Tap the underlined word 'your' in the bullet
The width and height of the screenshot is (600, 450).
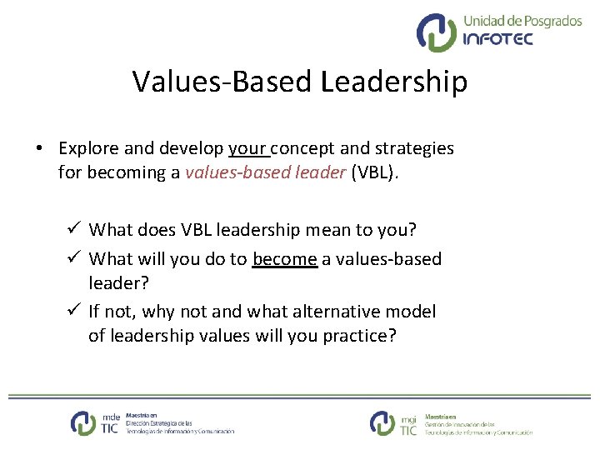[x=247, y=148]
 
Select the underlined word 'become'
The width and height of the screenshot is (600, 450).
[x=285, y=259]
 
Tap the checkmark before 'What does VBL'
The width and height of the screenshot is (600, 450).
[x=74, y=228]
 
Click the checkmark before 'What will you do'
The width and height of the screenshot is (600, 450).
[x=74, y=259]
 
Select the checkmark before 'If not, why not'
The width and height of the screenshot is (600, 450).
[x=74, y=312]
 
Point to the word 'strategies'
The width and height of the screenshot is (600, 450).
[x=414, y=148]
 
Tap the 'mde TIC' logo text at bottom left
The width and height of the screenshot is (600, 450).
[x=110, y=423]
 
